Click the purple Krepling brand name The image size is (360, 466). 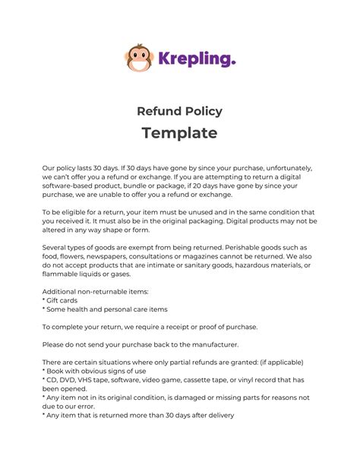coord(196,58)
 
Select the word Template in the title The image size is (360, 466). coord(179,133)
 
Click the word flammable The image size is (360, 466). coord(65,274)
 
